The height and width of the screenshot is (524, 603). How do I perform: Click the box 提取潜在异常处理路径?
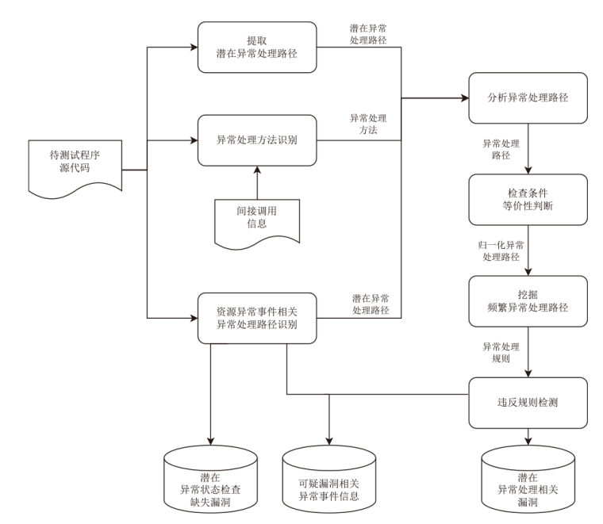pos(256,47)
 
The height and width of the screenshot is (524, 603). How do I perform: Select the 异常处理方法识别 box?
pos(256,141)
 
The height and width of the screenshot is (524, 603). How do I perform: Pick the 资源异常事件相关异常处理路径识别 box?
pos(256,318)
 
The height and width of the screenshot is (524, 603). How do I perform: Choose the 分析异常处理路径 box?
pos(528,98)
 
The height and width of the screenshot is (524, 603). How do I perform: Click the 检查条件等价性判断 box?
pos(528,199)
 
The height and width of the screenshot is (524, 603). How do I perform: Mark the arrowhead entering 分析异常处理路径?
pos(463,98)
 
